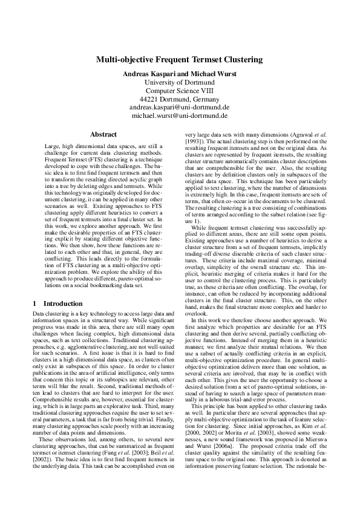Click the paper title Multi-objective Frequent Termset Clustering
click(x=180, y=60)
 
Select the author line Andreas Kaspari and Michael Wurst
click(x=180, y=73)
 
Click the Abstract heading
click(x=103, y=134)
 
